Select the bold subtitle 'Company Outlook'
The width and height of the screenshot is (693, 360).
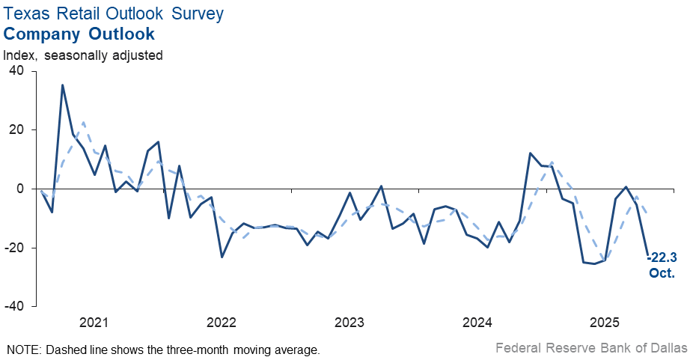pyautogui.click(x=79, y=34)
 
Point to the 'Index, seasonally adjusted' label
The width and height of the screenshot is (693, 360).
pyautogui.click(x=83, y=55)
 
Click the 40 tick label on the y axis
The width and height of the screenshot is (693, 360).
pyautogui.click(x=16, y=71)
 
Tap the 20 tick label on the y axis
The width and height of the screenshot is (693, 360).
pyautogui.click(x=16, y=130)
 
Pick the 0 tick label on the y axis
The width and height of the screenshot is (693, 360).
pyautogui.click(x=20, y=189)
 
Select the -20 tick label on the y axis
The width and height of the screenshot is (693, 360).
pyautogui.click(x=14, y=248)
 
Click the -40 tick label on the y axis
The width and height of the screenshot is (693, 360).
pyautogui.click(x=14, y=307)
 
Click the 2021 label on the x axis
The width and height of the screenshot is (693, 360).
pyautogui.click(x=94, y=323)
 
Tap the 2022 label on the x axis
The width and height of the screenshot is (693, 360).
pyautogui.click(x=222, y=323)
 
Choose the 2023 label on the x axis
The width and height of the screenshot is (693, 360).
pyautogui.click(x=349, y=323)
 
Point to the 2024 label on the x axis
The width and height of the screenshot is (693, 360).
pyautogui.click(x=477, y=323)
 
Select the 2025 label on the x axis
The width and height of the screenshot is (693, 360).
pyautogui.click(x=605, y=323)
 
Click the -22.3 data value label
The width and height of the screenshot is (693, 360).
pyautogui.click(x=662, y=257)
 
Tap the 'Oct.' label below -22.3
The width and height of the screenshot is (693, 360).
pyautogui.click(x=662, y=273)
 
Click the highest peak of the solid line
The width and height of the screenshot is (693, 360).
pyautogui.click(x=62, y=85)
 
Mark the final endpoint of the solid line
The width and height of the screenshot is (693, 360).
pyautogui.click(x=647, y=254)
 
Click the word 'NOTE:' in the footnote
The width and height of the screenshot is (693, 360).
pyautogui.click(x=25, y=350)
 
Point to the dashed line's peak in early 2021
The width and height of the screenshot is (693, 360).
pyautogui.click(x=83, y=122)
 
